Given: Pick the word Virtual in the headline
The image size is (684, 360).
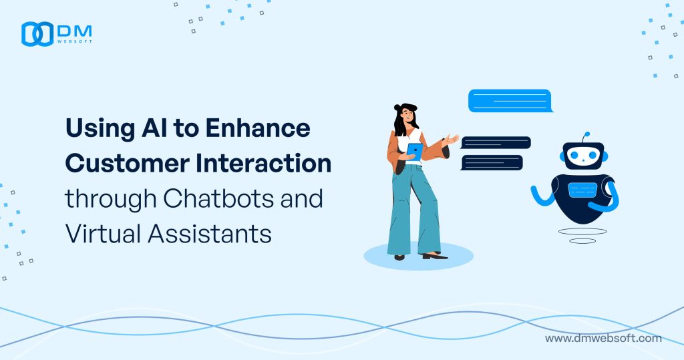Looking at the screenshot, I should click(98, 234).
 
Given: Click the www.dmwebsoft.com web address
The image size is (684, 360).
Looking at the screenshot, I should click(603, 338).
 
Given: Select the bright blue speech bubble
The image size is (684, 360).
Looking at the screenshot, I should click(510, 101).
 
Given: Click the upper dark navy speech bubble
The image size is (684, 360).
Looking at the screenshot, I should click(496, 142).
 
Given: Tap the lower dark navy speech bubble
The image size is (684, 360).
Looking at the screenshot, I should click(492, 162).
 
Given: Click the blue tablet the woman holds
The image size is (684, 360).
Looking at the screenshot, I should click(415, 151).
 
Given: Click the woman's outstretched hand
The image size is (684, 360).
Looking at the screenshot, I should click(451, 140).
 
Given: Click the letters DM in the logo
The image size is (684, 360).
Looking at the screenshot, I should click(74, 29).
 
